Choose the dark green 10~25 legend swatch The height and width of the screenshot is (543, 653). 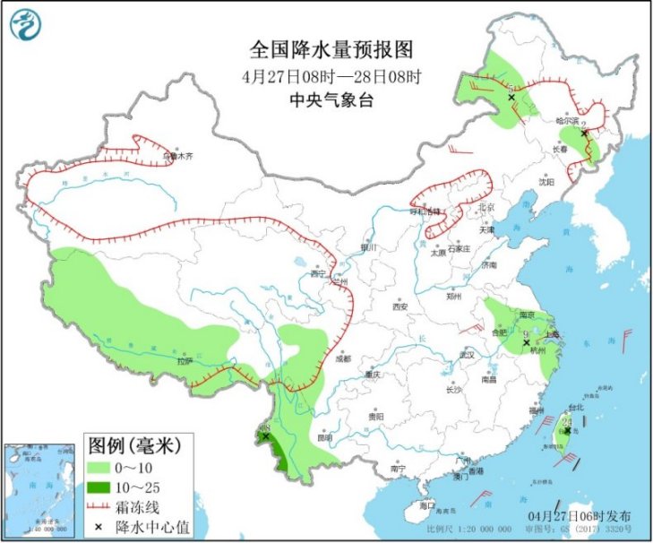101,487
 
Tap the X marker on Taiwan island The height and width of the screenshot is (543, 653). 567,430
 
